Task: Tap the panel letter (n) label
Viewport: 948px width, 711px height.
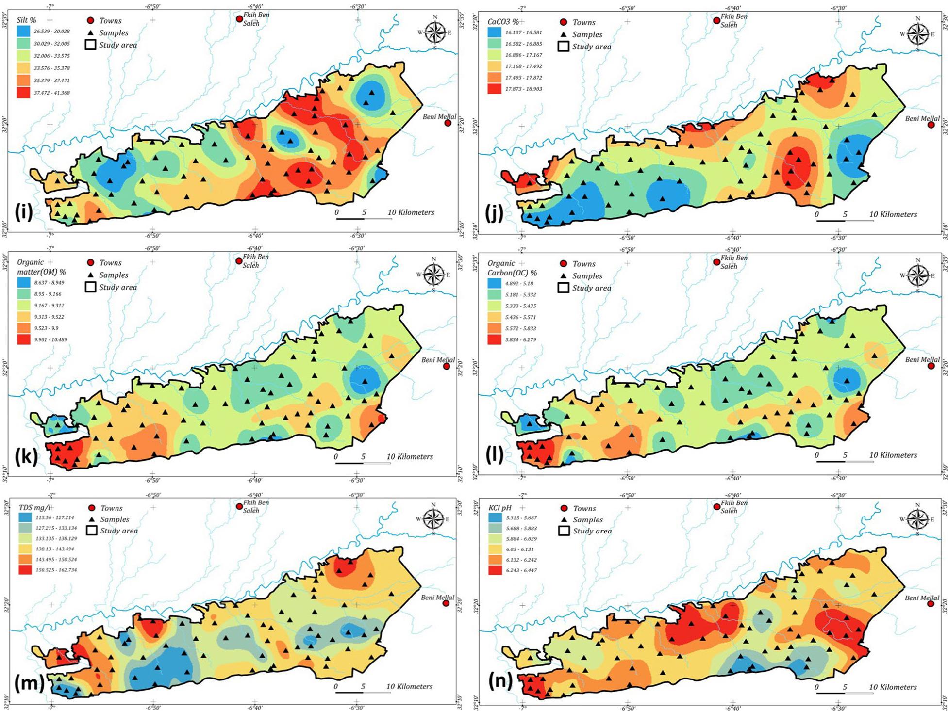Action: [x=500, y=681]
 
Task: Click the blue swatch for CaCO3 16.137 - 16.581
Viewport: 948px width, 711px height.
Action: [x=495, y=32]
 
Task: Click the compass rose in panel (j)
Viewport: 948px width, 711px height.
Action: [x=917, y=34]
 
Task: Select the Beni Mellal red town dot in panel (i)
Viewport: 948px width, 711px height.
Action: [x=448, y=123]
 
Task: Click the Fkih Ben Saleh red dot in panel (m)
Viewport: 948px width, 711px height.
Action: [x=239, y=506]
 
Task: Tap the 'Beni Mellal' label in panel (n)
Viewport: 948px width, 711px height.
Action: [x=921, y=598]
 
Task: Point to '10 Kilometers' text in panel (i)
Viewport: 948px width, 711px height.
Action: [x=411, y=212]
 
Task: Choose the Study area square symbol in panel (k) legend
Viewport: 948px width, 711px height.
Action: [x=90, y=287]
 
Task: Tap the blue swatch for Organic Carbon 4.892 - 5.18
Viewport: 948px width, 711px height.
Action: [x=495, y=283]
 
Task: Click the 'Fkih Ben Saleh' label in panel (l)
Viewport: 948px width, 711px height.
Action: [x=734, y=262]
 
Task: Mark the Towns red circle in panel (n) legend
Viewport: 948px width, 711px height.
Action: [x=564, y=508]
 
